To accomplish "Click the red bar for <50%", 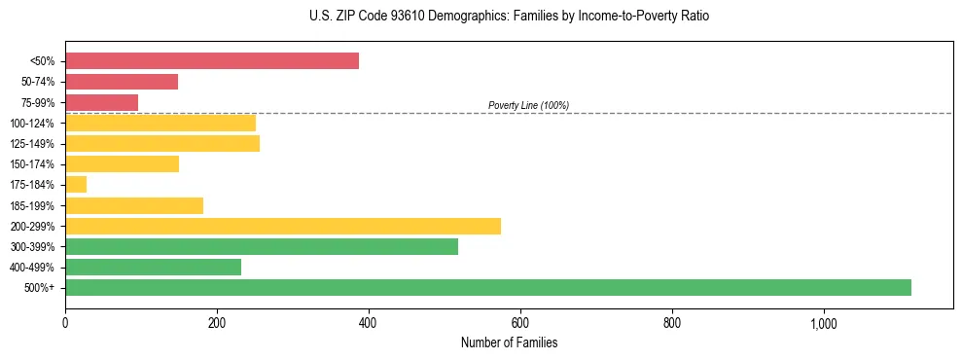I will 211,61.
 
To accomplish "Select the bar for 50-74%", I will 122,82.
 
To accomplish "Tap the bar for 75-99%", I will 101,102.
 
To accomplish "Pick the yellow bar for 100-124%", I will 160,123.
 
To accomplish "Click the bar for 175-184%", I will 76,185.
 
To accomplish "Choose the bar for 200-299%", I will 282,226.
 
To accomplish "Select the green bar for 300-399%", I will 261,246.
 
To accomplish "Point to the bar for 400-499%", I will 153,267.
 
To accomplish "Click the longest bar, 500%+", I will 487,287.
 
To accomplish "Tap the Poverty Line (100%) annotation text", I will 528,105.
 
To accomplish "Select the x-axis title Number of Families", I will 509,342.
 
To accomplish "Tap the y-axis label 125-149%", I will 32,144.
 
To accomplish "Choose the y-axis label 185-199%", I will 32,205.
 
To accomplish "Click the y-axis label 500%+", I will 39,288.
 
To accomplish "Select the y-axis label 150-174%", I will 32,164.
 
